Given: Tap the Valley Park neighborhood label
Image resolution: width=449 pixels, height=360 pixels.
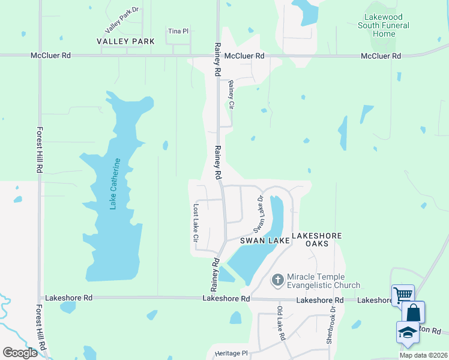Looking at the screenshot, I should [125, 41].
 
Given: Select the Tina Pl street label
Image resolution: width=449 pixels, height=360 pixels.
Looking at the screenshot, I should [178, 31].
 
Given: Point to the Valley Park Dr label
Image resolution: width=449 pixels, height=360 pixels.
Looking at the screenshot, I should [121, 20].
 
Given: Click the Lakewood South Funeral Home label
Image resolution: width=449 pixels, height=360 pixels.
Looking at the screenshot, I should [384, 26].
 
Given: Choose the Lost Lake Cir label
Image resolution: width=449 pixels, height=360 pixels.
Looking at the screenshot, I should [196, 223].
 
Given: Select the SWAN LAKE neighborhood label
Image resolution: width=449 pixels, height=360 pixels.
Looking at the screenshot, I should [265, 240].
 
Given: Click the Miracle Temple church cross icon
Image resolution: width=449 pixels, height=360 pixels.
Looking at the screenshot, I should [277, 280].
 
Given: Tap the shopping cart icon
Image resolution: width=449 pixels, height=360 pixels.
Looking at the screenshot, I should [403, 295].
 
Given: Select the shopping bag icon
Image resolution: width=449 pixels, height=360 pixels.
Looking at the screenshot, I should [413, 312].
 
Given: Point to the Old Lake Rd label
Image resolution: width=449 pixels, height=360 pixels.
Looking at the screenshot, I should [280, 323].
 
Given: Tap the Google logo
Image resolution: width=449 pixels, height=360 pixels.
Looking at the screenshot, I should [20, 353].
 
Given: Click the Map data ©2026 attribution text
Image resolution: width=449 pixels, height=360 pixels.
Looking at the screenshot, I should [423, 355].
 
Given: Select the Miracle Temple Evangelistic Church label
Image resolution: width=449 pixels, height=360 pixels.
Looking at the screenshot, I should [324, 281].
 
